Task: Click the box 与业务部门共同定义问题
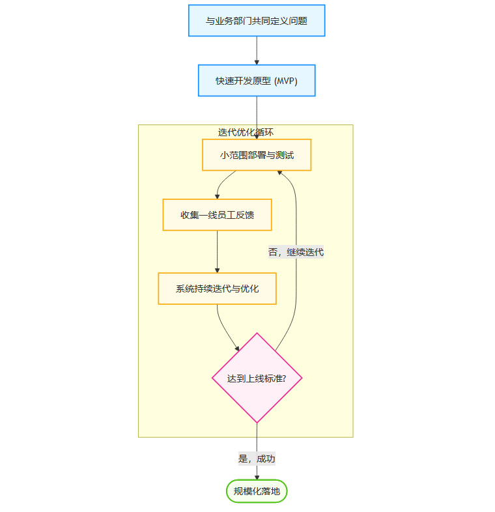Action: (257, 21)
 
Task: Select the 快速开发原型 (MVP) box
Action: (257, 81)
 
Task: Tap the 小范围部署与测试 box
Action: (257, 155)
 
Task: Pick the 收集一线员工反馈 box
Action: (217, 215)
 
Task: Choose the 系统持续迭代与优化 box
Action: (217, 289)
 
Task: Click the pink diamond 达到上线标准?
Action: (257, 378)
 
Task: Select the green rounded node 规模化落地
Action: (257, 491)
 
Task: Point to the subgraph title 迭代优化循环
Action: (246, 132)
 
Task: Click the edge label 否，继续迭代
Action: (296, 252)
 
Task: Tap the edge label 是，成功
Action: (257, 459)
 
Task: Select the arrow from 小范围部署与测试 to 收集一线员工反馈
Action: (221, 182)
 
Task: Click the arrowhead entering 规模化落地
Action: (257, 477)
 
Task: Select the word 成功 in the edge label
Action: (266, 459)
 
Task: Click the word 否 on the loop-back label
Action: (273, 252)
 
